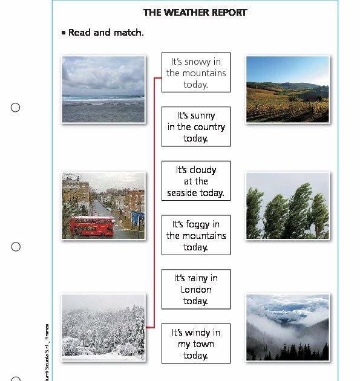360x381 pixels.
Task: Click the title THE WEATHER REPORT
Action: tap(195, 12)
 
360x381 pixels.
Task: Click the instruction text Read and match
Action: tap(106, 33)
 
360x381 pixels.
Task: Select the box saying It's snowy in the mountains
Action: tap(196, 73)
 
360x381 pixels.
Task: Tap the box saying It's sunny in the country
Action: tap(196, 127)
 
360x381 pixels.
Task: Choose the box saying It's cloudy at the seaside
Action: tap(196, 181)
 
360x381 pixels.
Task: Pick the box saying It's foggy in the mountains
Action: tap(196, 235)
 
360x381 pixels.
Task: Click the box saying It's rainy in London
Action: tap(196, 290)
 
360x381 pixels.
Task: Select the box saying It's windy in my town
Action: tap(196, 344)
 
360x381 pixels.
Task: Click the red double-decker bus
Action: tap(91, 226)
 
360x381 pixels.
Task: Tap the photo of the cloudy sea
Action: tap(103, 90)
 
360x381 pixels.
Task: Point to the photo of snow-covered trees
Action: tap(103, 327)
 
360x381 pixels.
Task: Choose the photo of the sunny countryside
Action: tap(287, 90)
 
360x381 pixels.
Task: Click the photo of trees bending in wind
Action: tap(287, 206)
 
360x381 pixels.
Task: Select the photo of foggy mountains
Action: tap(287, 327)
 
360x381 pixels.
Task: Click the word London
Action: tap(196, 290)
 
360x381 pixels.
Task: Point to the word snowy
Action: tap(203, 62)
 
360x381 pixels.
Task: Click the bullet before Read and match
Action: tap(64, 33)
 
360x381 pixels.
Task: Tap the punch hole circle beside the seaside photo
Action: tap(16, 108)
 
